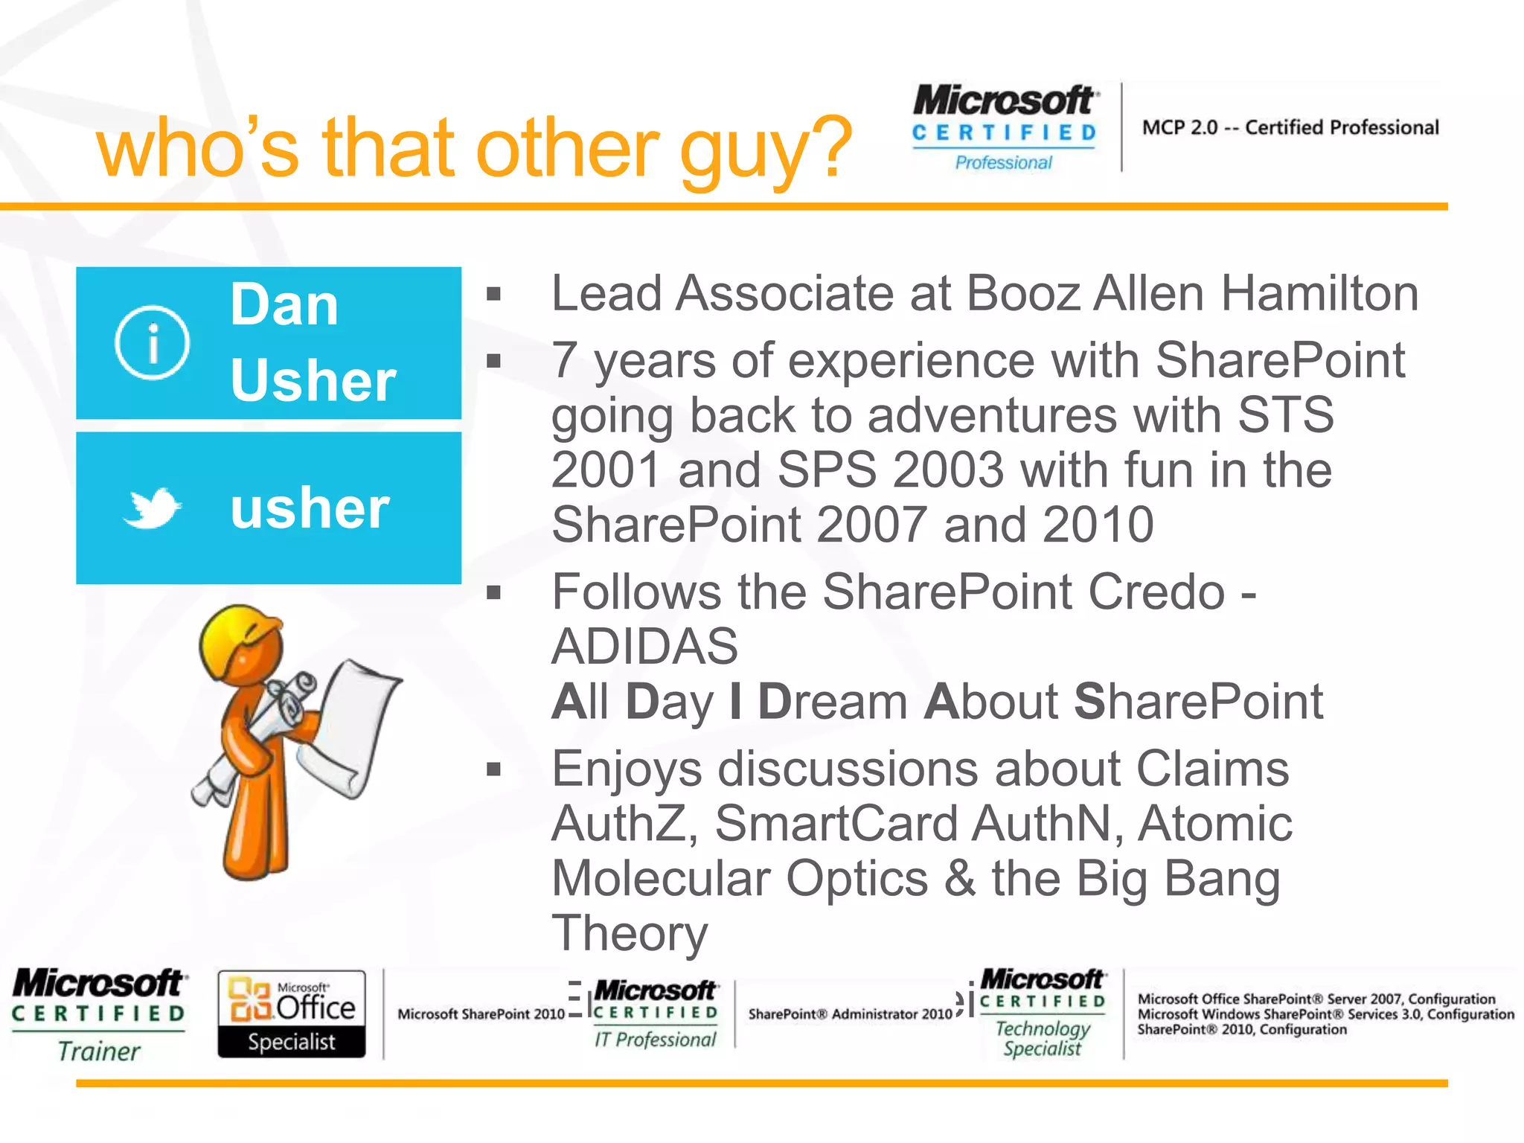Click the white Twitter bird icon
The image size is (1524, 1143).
coord(153,508)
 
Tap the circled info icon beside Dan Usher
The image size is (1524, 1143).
coord(153,343)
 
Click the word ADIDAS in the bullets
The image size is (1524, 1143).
coord(644,646)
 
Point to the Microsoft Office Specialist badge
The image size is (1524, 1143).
coord(292,1014)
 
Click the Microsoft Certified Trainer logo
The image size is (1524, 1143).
coord(99,1014)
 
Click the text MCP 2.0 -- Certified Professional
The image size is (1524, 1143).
coord(1290,128)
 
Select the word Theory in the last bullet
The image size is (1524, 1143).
coord(630,933)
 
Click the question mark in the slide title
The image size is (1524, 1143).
coord(829,147)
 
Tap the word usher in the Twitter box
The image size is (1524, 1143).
coord(310,509)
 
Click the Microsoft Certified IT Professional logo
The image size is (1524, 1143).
coord(655,1014)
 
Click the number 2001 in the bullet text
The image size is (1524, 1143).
coord(606,470)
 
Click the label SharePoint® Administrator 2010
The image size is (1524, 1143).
coord(850,1014)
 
